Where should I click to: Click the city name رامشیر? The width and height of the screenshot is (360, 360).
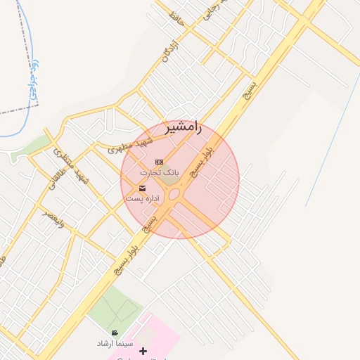click(183, 127)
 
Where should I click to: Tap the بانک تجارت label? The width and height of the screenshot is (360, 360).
click(160, 172)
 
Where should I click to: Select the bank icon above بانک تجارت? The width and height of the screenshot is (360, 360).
click(158, 162)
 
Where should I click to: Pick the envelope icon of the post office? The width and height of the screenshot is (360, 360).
click(143, 188)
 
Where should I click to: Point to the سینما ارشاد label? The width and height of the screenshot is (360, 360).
click(115, 344)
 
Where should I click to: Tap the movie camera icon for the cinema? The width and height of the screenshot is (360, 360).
click(115, 333)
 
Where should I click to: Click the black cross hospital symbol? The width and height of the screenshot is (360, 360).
click(143, 351)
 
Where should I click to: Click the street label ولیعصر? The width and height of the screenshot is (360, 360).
click(53, 220)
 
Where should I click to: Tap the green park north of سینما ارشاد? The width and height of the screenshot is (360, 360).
click(114, 308)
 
